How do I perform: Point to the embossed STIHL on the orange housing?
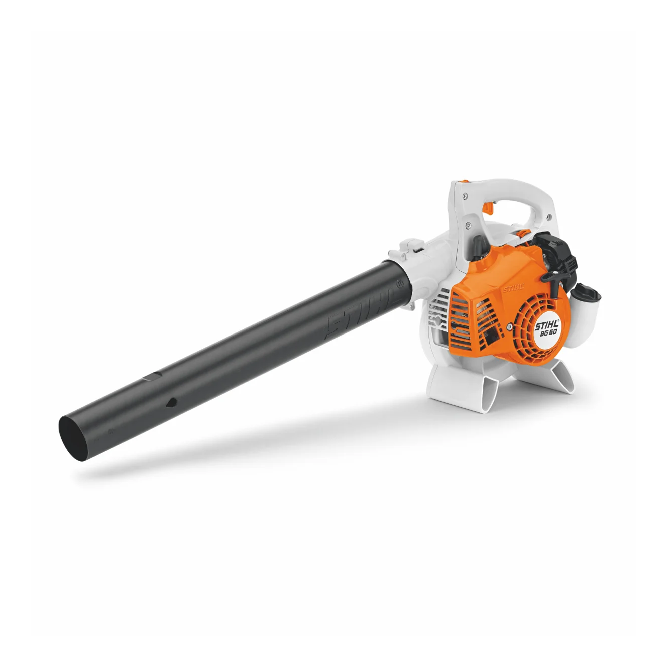tap(513, 288)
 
